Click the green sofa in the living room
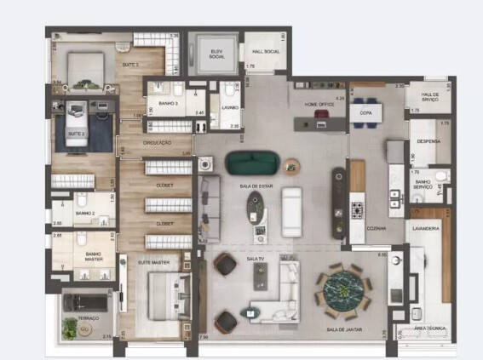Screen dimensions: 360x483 pyautogui.click(x=251, y=161)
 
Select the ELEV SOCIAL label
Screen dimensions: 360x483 pyautogui.click(x=217, y=54)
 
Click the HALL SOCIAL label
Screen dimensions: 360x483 pyautogui.click(x=267, y=52)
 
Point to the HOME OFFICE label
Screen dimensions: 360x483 pyautogui.click(x=320, y=104)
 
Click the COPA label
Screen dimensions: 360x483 pyautogui.click(x=365, y=111)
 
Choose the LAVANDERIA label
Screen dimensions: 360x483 pyautogui.click(x=425, y=229)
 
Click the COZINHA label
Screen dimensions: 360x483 pyautogui.click(x=377, y=228)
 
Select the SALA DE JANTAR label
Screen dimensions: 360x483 pyautogui.click(x=342, y=329)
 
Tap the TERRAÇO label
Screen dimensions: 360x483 pyautogui.click(x=89, y=317)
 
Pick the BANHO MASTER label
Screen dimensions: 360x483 pyautogui.click(x=94, y=256)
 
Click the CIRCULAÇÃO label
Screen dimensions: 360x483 pyautogui.click(x=158, y=142)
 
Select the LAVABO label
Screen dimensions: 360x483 pyautogui.click(x=230, y=108)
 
